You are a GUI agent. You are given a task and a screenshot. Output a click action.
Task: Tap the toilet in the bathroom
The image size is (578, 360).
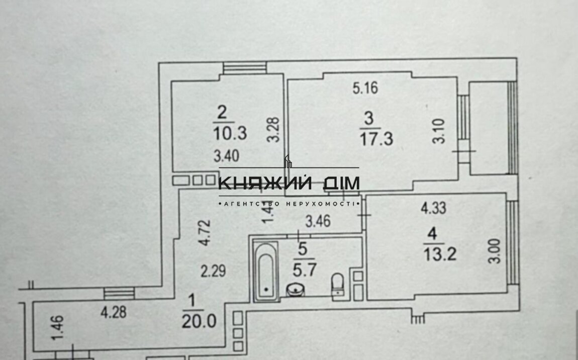pos(338,284)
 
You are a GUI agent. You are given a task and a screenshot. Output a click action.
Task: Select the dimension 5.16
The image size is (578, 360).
pos(365,89)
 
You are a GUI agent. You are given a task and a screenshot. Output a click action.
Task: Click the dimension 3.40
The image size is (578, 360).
pos(227,156)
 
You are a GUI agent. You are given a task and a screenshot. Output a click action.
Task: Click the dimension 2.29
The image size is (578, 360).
pos(213,272)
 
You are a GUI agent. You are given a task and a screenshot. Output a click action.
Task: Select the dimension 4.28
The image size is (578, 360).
pos(113,313)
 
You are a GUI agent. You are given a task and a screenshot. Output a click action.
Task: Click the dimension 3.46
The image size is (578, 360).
pos(319,221)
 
